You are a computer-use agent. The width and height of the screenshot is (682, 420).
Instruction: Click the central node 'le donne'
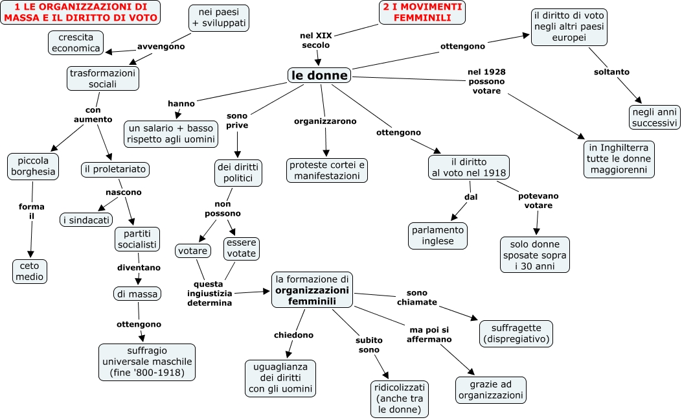click(319, 75)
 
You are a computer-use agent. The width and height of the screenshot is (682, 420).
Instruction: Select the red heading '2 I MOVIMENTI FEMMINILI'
click(422, 12)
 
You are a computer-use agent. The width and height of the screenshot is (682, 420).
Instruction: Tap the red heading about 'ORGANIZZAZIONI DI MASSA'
click(80, 12)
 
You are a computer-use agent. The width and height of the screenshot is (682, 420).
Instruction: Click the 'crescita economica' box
click(75, 43)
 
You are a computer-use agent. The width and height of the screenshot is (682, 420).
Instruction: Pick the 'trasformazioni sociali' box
click(102, 78)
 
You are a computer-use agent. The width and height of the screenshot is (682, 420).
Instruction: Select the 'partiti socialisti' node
click(137, 239)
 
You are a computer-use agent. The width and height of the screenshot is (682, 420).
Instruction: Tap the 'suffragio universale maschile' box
click(146, 362)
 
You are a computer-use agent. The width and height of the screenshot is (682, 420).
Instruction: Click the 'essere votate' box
click(241, 248)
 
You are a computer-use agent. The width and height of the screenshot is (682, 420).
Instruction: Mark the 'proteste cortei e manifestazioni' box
click(326, 170)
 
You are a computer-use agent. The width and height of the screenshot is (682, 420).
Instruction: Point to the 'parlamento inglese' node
click(438, 236)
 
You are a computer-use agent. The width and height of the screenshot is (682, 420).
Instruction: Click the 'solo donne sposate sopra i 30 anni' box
click(534, 255)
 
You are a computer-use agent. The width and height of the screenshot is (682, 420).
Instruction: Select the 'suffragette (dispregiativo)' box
click(516, 332)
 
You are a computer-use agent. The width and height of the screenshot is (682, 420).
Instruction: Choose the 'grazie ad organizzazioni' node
click(491, 390)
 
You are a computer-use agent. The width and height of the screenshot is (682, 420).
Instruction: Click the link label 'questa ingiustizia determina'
click(209, 294)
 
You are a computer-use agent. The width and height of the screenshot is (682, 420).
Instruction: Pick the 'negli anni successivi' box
click(654, 117)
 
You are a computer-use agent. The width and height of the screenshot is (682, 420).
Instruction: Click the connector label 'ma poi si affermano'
click(429, 334)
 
